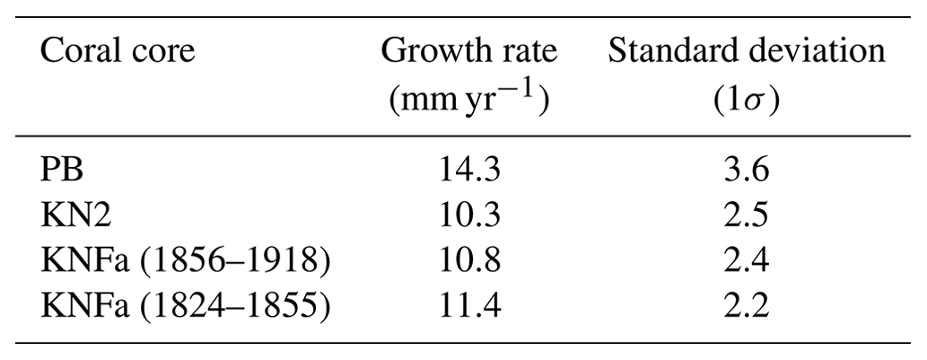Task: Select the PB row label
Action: [x=62, y=171]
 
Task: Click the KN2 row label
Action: [x=75, y=215]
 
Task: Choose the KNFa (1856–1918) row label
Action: [x=185, y=262]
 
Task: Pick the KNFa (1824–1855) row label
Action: [x=185, y=307]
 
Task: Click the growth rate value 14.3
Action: [x=468, y=171]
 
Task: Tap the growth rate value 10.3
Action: [x=468, y=215]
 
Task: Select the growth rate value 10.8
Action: [x=468, y=262]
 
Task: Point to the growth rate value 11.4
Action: [x=468, y=307]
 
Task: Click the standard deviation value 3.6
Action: [x=746, y=171]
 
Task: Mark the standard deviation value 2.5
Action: [x=746, y=215]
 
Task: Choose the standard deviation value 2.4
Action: [x=746, y=262]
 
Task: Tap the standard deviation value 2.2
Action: [x=746, y=307]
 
